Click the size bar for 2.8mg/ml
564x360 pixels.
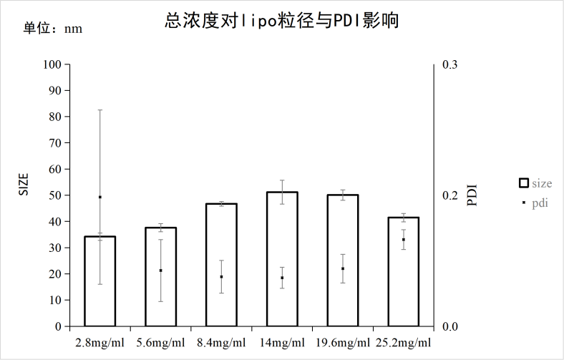100,281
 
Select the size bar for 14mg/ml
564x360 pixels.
282,259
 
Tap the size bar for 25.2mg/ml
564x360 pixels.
404,272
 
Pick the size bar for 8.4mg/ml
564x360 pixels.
221,265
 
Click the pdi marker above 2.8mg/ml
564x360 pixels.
100,197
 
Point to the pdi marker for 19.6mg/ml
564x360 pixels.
343,269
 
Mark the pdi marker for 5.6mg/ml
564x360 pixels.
161,271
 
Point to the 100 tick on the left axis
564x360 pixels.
52,64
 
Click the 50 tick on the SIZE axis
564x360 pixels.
55,195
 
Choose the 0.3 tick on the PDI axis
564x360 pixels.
449,64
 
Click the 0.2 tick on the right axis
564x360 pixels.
449,195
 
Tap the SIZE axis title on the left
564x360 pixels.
23,185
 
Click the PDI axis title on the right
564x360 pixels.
472,195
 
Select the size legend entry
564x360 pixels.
535,183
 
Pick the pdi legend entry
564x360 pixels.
535,203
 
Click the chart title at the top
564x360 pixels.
281,21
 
